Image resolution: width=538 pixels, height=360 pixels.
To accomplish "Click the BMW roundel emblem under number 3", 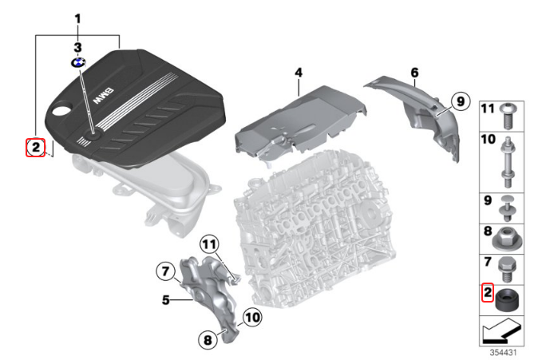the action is click(78, 62).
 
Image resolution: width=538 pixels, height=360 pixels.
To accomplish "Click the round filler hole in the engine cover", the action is click(61, 110).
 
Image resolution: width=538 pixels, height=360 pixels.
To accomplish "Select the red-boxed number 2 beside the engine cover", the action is click(36, 148).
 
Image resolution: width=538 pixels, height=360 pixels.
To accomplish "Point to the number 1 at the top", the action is click(78, 19).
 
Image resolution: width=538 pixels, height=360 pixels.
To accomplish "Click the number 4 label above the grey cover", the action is click(299, 73).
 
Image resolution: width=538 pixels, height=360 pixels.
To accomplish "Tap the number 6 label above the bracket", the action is click(414, 73).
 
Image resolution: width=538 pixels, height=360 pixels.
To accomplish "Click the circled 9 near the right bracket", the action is click(460, 101).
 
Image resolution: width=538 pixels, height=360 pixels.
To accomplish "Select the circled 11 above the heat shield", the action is click(210, 244).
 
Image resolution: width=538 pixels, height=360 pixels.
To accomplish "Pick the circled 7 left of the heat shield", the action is click(166, 271).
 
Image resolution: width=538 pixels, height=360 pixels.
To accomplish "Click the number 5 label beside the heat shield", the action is click(166, 300).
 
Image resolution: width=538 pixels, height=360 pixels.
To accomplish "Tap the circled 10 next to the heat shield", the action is click(252, 317).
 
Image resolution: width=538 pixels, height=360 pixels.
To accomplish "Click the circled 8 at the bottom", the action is click(208, 340).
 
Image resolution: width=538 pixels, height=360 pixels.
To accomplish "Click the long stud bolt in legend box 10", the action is click(508, 162).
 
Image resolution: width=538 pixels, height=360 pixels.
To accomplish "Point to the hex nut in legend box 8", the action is click(507, 238).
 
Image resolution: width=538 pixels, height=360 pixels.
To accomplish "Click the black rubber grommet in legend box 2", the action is click(507, 299).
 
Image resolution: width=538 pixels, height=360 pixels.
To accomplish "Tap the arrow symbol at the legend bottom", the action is click(501, 330).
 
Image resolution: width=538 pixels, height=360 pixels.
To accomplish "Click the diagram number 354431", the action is click(503, 353).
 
